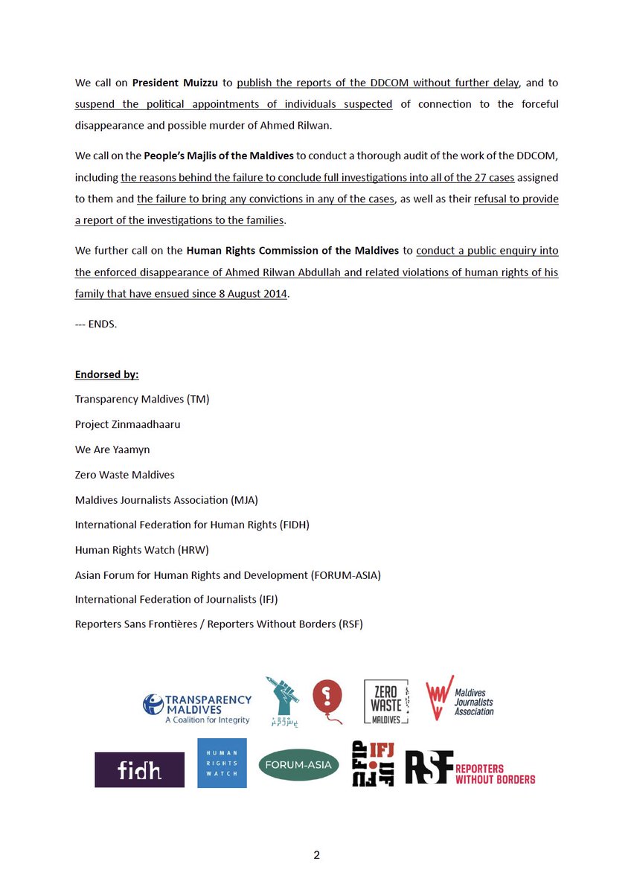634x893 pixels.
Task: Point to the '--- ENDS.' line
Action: (x=96, y=325)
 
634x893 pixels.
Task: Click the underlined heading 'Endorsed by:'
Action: (x=106, y=374)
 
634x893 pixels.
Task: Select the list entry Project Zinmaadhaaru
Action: (x=127, y=424)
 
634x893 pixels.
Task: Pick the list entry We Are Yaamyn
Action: (x=112, y=449)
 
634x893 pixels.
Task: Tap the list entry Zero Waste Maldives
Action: (x=124, y=474)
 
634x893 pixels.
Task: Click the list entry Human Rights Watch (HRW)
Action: (x=142, y=549)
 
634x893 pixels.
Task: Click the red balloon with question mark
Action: (x=326, y=702)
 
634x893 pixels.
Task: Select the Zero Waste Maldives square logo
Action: (x=385, y=702)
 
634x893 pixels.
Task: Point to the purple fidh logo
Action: (x=139, y=770)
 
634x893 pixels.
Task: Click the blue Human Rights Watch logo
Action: (x=222, y=764)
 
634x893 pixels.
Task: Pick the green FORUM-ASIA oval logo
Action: (x=298, y=765)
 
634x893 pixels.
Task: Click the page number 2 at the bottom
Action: (x=316, y=855)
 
